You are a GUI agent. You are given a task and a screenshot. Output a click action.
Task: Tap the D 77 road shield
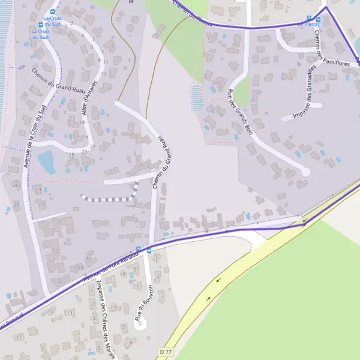point(166,350)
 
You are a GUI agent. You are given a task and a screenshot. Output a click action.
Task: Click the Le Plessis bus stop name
point(310,25)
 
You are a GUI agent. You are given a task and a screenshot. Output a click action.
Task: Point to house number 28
point(16,205)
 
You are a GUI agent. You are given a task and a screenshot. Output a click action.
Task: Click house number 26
point(15,185)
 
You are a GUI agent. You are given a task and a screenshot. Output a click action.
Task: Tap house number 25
point(71,155)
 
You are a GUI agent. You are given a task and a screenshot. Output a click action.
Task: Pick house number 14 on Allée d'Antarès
point(82,122)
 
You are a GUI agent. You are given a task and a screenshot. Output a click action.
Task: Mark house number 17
point(19,338)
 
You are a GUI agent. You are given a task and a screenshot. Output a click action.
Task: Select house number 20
point(59,280)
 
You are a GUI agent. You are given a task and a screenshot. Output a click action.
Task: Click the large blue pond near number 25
point(46,161)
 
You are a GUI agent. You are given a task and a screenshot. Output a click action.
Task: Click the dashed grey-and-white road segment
point(111,197)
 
